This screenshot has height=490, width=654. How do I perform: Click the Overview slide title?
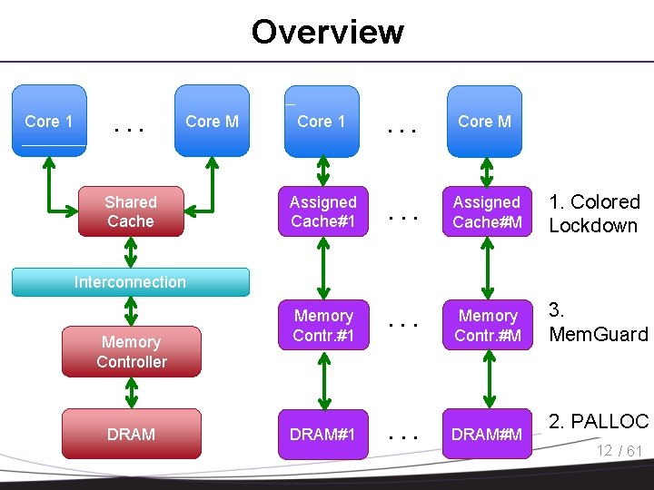point(328,32)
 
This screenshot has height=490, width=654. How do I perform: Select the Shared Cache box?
point(131,211)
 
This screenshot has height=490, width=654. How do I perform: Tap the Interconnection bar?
point(131,282)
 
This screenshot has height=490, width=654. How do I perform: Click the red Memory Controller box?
point(132,352)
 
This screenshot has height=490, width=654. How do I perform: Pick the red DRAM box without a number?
point(132,434)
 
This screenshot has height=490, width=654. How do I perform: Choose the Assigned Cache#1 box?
point(323,211)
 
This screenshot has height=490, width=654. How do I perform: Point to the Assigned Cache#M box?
point(487,211)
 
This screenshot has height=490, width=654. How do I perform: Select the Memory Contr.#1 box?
point(323,325)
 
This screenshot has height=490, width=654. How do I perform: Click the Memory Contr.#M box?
point(488,325)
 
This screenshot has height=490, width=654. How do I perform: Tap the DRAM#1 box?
point(323,434)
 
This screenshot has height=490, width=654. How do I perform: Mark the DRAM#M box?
point(487,434)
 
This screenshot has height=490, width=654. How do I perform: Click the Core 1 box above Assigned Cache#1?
point(322,122)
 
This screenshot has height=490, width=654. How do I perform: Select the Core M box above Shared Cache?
point(212,121)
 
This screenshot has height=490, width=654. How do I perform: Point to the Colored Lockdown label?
point(594,213)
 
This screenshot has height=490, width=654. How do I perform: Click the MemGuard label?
point(599,322)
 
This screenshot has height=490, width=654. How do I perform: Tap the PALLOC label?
point(599,421)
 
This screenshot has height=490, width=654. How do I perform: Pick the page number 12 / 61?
point(619,450)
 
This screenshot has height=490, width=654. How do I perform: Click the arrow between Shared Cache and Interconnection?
point(131,252)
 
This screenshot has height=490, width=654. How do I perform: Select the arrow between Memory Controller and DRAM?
point(132,393)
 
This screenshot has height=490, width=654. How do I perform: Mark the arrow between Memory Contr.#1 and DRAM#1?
point(324,380)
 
